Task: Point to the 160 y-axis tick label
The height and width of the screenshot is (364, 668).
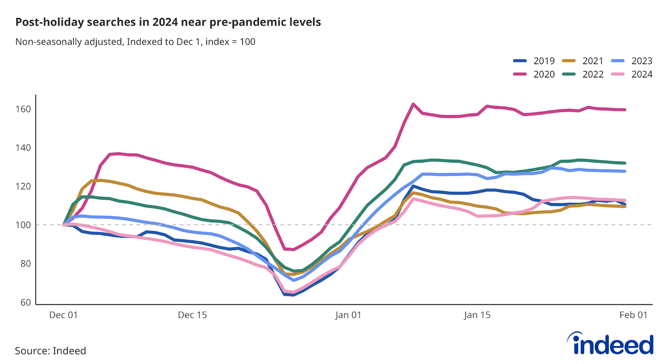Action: tap(23, 109)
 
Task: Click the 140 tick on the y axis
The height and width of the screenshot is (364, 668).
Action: tap(23, 148)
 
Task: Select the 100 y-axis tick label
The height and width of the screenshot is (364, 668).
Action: tap(23, 225)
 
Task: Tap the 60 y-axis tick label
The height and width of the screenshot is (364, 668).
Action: tap(25, 302)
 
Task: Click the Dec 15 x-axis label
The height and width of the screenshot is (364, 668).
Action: tap(192, 315)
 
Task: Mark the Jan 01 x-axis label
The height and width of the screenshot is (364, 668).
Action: tap(348, 315)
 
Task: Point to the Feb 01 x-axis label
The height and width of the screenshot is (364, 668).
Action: tap(633, 315)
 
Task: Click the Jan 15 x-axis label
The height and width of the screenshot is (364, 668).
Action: tap(477, 315)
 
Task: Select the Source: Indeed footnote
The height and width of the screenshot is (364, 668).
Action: tap(51, 351)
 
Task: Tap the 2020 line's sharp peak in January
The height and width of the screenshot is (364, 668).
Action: tap(413, 104)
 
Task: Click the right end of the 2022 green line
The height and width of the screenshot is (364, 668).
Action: tap(625, 163)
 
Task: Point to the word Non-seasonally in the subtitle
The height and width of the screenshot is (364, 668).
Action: tap(46, 42)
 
